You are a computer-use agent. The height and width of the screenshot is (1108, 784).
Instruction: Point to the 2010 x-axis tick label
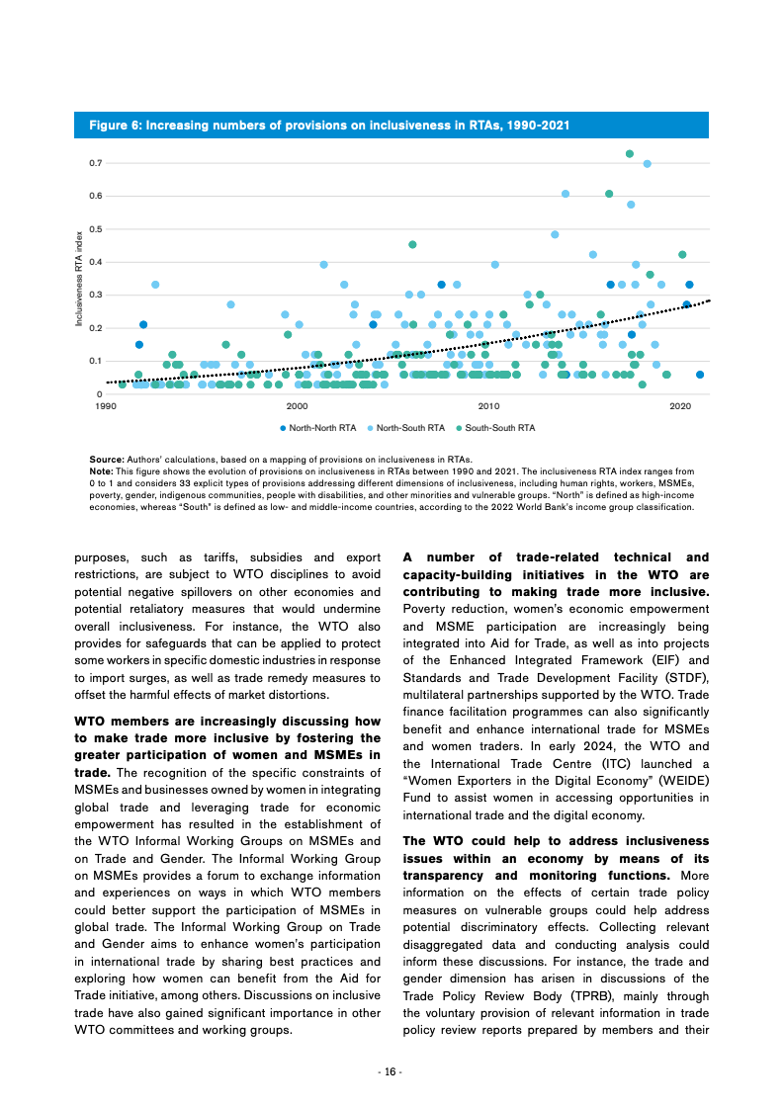point(488,406)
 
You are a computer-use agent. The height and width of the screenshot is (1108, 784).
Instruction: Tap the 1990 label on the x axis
point(105,406)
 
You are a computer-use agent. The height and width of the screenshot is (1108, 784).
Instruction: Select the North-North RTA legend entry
point(317,428)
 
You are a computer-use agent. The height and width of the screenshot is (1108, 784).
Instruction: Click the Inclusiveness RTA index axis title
point(80,279)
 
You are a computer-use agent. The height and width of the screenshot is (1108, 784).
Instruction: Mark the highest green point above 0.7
point(630,153)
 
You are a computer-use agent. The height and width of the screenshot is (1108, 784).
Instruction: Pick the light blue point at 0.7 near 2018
point(648,164)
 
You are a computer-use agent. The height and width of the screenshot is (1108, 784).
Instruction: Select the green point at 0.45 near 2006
point(412,244)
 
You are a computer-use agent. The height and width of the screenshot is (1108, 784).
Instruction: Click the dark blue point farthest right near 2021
point(700,375)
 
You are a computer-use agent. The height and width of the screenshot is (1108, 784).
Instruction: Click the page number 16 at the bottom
point(392,1072)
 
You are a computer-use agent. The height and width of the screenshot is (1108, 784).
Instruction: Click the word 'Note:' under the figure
point(101,472)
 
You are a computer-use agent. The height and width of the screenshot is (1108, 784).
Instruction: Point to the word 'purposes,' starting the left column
point(104,559)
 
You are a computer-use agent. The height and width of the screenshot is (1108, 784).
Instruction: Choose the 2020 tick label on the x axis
point(680,406)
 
